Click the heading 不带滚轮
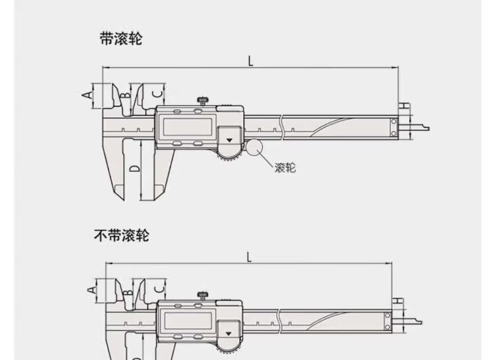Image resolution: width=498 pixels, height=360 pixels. click(x=122, y=235)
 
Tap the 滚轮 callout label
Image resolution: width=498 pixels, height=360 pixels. click(x=285, y=167)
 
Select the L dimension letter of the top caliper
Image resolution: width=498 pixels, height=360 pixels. click(x=251, y=61)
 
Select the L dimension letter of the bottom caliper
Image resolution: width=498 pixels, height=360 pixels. click(x=248, y=256)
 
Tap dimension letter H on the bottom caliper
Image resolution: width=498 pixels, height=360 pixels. click(x=398, y=302)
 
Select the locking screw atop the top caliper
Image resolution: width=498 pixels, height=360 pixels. click(x=202, y=101)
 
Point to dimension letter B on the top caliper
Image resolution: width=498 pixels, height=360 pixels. click(x=124, y=97)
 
